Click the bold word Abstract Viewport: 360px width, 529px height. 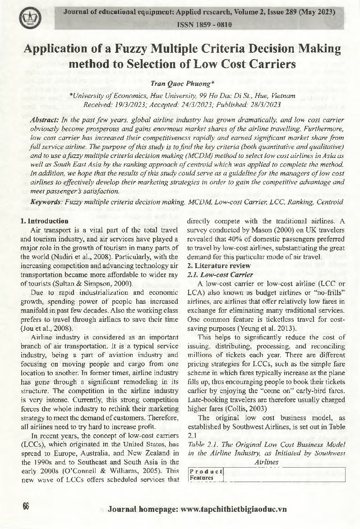pyautogui.click(x=44, y=120)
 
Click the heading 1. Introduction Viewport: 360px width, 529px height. pyautogui.click(x=45, y=221)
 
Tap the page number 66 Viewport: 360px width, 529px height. pyautogui.click(x=26, y=506)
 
